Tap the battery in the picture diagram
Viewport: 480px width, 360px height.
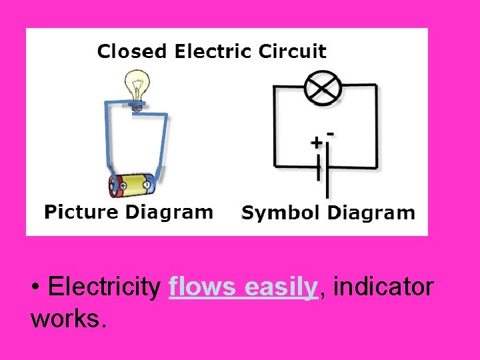coord(133,185)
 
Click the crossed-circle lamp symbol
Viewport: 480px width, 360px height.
coord(323,89)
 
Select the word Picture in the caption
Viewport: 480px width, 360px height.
coord(80,213)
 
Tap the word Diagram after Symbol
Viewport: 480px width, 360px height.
coord(372,213)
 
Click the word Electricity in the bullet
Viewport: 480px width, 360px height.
coord(104,289)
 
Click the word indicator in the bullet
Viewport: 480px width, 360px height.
coord(382,289)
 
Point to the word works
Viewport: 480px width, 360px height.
coord(68,318)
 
